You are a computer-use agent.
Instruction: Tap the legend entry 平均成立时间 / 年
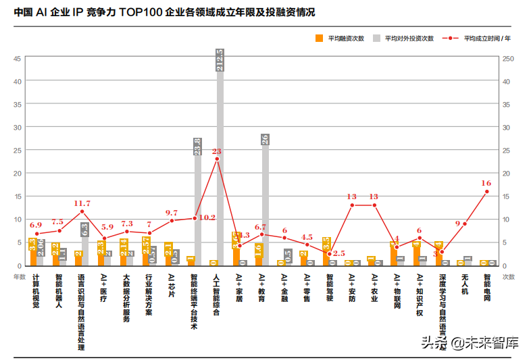(x=482, y=38)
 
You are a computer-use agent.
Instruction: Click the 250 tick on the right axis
(x=511, y=59)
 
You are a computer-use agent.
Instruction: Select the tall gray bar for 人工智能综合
(x=220, y=162)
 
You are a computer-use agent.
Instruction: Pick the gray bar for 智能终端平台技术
(x=198, y=203)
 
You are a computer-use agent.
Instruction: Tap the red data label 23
(x=216, y=151)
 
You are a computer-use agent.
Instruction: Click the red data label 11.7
(x=82, y=203)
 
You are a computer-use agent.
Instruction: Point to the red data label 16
(x=486, y=183)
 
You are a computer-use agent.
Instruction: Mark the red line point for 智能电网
(x=486, y=192)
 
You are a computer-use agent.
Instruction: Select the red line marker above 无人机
(x=464, y=224)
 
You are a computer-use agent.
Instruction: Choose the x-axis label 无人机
(x=464, y=282)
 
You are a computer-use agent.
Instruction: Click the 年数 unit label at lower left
(x=19, y=276)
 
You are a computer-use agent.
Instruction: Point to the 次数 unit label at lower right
(x=509, y=276)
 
